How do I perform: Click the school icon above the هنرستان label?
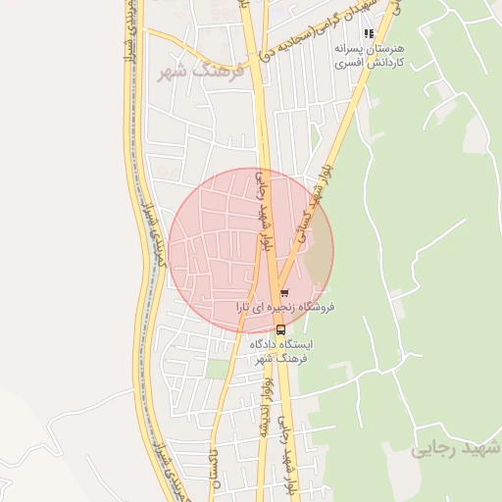(369, 33)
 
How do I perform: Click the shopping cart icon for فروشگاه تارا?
(284, 292)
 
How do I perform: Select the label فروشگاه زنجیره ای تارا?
(285, 308)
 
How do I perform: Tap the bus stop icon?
(281, 329)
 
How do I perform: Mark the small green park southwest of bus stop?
(216, 370)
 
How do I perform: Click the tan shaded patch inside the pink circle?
(320, 253)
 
